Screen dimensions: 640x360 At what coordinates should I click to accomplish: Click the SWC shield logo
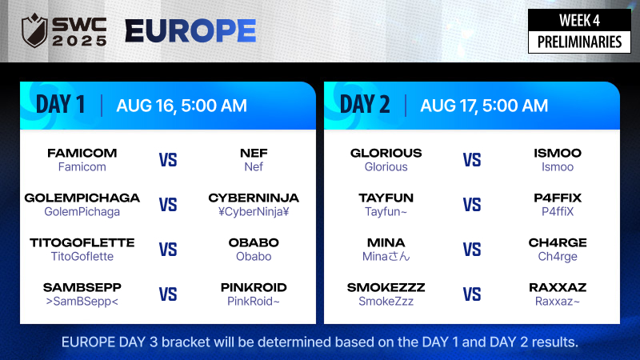click(x=34, y=30)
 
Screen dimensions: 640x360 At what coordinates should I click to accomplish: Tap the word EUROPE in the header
click(x=190, y=31)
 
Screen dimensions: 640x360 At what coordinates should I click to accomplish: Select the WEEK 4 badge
click(x=579, y=20)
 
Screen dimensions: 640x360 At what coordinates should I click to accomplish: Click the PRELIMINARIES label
click(x=579, y=42)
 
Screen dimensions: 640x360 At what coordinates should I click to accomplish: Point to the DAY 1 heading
click(x=61, y=105)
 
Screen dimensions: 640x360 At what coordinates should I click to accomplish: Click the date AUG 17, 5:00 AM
click(x=484, y=106)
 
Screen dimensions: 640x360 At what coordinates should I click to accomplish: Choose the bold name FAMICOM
click(x=82, y=153)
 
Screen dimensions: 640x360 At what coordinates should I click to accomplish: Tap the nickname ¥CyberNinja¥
click(x=254, y=211)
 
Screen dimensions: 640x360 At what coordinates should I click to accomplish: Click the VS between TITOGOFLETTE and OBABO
click(x=168, y=250)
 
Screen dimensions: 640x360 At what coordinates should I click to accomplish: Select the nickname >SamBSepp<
click(x=82, y=302)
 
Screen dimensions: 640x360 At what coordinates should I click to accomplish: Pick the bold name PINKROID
click(x=254, y=287)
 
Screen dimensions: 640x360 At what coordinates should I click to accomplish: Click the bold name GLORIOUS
click(x=386, y=153)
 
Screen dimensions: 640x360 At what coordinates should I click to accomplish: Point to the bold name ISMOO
click(x=558, y=153)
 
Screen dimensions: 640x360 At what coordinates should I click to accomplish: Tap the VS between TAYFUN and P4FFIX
click(x=472, y=205)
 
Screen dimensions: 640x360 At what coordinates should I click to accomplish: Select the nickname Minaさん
click(x=386, y=256)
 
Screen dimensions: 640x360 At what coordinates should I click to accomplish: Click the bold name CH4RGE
click(x=558, y=242)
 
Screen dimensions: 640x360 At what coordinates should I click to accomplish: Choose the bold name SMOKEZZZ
click(x=386, y=287)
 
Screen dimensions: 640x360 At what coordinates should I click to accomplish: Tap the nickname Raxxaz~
click(x=558, y=302)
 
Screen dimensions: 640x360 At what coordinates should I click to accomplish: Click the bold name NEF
click(x=254, y=153)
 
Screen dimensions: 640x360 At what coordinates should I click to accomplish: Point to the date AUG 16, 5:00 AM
click(x=182, y=106)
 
